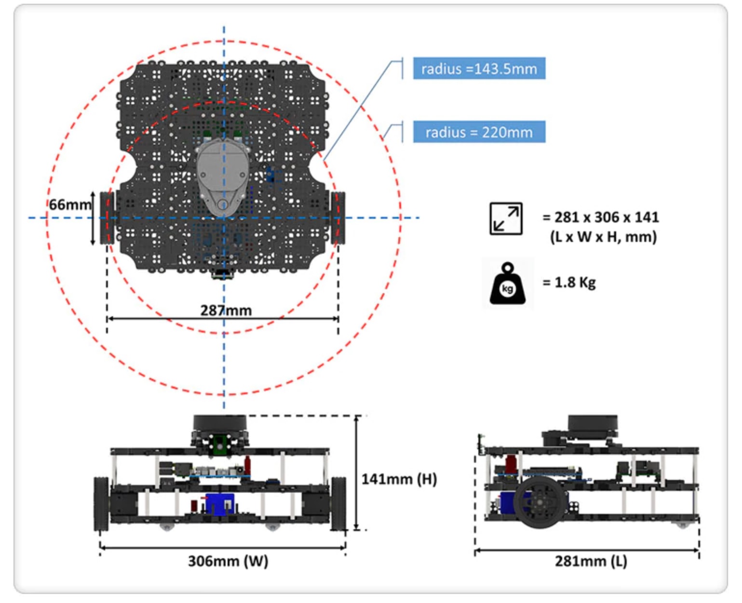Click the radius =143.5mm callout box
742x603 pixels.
479,68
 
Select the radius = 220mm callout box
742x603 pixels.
479,132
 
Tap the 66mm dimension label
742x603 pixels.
70,205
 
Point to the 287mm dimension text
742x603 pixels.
226,310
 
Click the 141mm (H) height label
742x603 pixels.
399,479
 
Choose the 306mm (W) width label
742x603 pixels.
228,561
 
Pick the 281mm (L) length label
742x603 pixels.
591,561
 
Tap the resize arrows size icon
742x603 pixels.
506,218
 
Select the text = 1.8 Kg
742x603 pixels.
569,282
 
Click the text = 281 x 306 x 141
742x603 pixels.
601,217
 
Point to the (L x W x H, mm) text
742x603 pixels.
603,237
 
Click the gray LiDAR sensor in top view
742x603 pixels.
222,176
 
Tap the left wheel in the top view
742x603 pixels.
107,218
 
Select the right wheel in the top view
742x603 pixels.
337,218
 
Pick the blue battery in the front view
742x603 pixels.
219,504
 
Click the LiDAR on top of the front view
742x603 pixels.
220,427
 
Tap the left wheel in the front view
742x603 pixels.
101,504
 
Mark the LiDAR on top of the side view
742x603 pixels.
592,427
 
